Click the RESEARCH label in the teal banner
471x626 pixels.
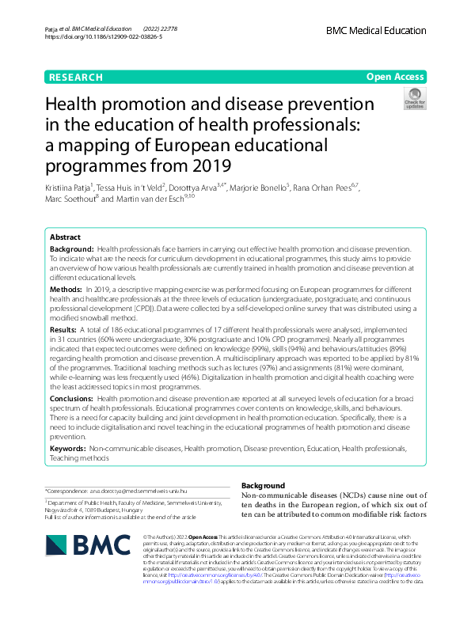[x=75, y=78]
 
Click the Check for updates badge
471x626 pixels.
[x=414, y=99]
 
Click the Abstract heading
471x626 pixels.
[x=65, y=237]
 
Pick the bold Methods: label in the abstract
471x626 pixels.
[x=66, y=290]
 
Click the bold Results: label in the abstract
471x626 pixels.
[x=63, y=328]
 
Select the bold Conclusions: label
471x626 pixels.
[x=71, y=398]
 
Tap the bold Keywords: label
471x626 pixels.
[x=68, y=449]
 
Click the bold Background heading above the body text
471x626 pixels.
[x=263, y=485]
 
